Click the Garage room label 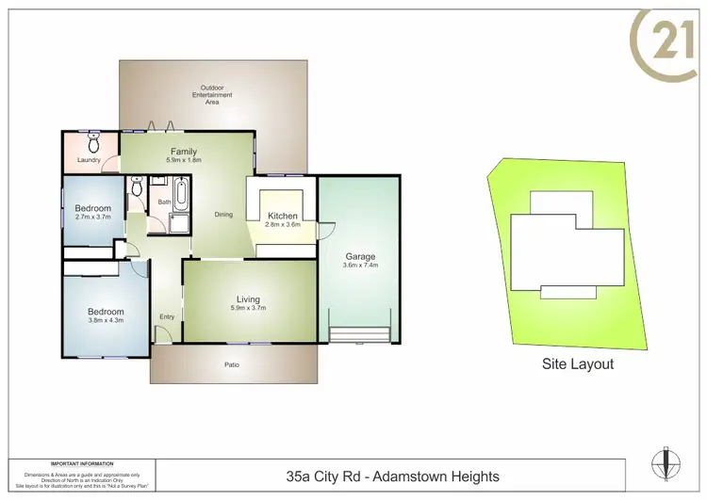point(360,256)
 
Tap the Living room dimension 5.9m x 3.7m point(248,309)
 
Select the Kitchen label point(283,216)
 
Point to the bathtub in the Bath point(181,196)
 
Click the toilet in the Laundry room point(92,143)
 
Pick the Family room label point(183,152)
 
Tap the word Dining point(223,215)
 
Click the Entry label point(167,316)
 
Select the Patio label point(230,365)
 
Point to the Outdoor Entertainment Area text point(212,96)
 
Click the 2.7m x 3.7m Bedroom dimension point(93,217)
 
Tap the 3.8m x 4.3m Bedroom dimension point(106,320)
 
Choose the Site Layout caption point(577,364)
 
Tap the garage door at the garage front point(359,334)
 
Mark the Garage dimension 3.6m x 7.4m point(360,266)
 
